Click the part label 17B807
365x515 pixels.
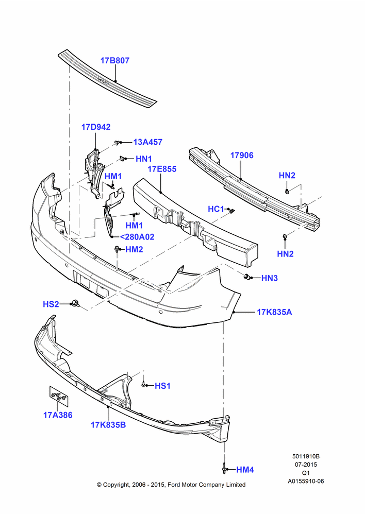click(115, 60)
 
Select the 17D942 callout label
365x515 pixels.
click(96, 127)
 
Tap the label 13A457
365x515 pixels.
click(147, 142)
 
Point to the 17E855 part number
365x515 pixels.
click(162, 169)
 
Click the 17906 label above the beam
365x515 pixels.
click(242, 156)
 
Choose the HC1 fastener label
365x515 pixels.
click(215, 209)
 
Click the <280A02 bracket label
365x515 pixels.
click(137, 237)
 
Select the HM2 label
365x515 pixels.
click(134, 250)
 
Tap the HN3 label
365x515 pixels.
click(270, 278)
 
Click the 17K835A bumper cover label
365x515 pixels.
click(274, 312)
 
